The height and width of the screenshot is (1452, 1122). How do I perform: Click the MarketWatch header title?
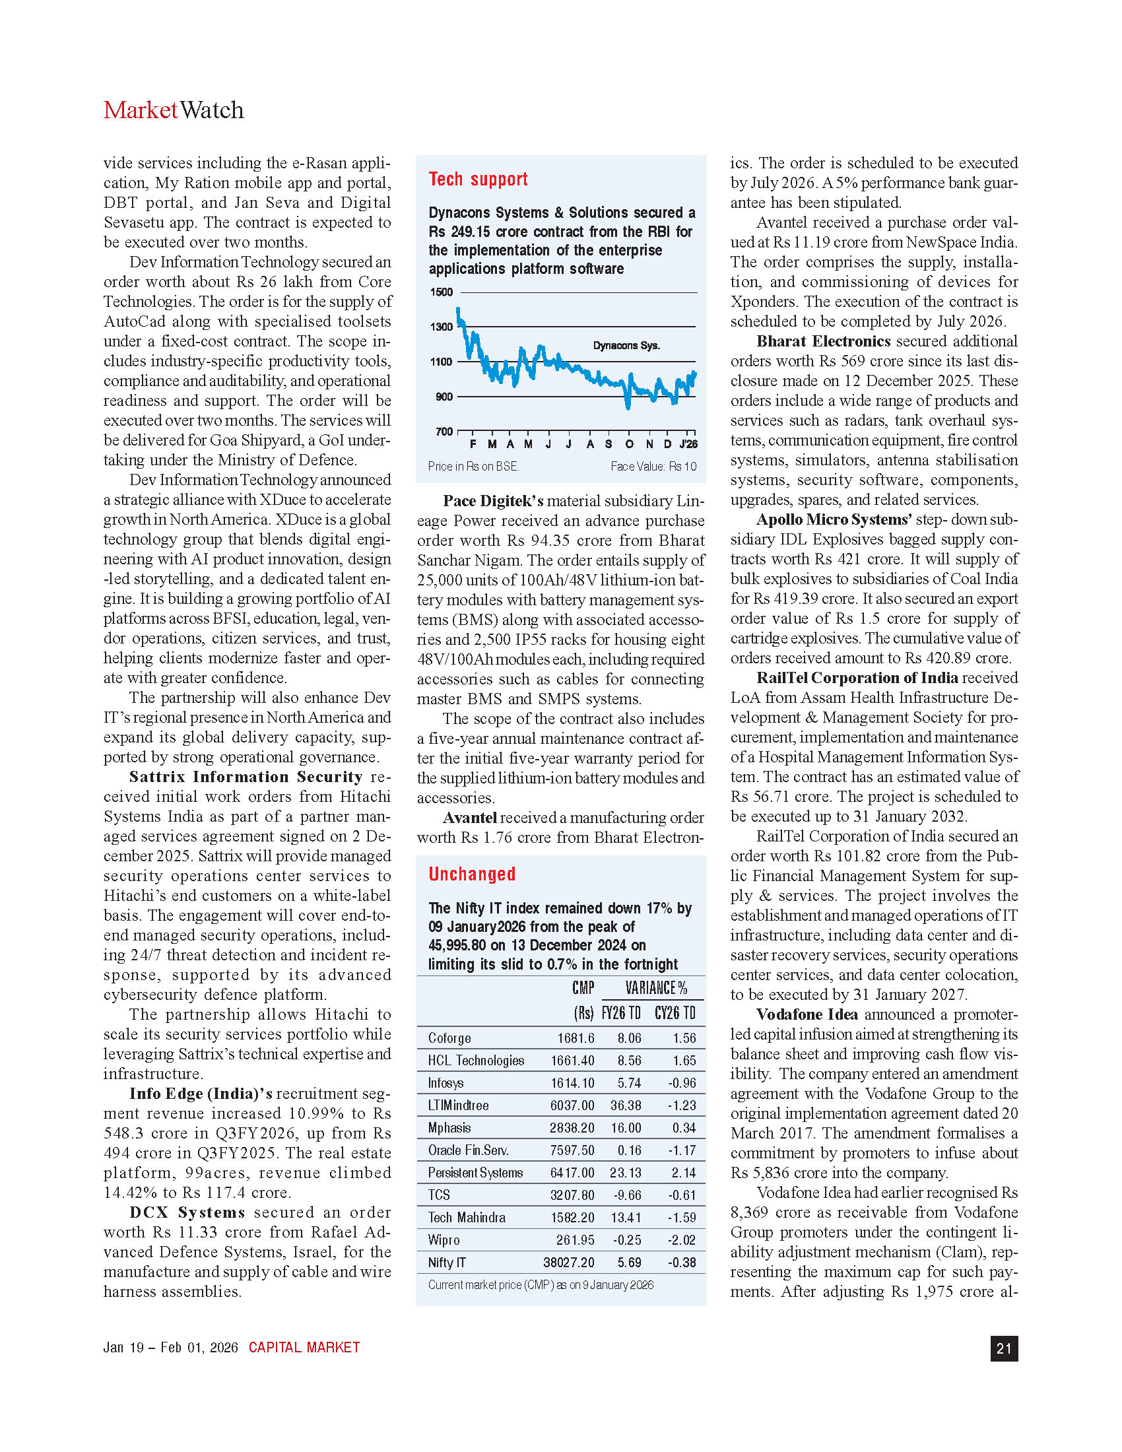(x=174, y=110)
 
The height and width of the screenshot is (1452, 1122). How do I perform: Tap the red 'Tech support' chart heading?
(x=478, y=180)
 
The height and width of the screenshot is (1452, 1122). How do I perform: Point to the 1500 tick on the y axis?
(x=442, y=292)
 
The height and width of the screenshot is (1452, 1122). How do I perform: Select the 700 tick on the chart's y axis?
(x=444, y=432)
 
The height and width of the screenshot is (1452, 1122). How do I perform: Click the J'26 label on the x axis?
(x=689, y=444)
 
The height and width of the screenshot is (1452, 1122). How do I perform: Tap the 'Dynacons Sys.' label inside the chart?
(x=626, y=346)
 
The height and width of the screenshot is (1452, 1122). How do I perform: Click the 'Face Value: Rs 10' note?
(x=653, y=467)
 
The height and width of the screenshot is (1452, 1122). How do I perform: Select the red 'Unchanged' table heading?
(x=472, y=874)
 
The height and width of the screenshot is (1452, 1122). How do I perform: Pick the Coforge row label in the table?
(x=449, y=1038)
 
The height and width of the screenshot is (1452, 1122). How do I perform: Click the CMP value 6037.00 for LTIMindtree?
(x=572, y=1105)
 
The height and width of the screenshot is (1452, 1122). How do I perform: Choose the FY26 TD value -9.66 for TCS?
(x=629, y=1195)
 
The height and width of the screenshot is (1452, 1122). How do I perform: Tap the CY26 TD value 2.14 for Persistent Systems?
(x=684, y=1173)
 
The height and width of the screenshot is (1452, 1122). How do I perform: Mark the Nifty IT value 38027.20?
(x=568, y=1263)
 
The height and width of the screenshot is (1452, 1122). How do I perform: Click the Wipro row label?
(x=444, y=1240)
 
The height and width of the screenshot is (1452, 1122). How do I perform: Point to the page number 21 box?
(x=1004, y=1348)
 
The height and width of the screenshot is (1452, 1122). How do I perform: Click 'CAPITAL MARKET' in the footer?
(x=304, y=1348)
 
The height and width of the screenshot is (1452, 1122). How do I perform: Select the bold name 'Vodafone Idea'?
(x=807, y=1014)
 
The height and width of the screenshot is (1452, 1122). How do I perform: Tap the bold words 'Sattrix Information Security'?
(x=246, y=777)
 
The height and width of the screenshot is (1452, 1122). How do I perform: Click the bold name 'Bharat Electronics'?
(x=823, y=342)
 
